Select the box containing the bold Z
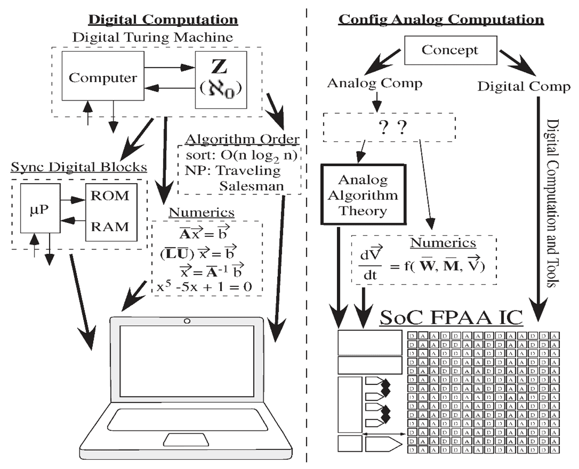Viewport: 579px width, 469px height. click(221, 79)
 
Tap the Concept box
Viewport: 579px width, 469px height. click(450, 50)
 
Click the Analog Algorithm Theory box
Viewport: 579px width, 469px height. click(362, 195)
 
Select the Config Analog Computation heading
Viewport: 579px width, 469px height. click(441, 20)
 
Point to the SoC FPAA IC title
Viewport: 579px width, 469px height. click(450, 318)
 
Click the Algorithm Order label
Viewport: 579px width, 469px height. click(242, 139)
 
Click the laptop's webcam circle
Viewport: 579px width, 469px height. click(186, 321)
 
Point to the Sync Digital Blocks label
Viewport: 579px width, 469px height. click(79, 167)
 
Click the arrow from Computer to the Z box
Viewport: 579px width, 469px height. click(169, 68)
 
